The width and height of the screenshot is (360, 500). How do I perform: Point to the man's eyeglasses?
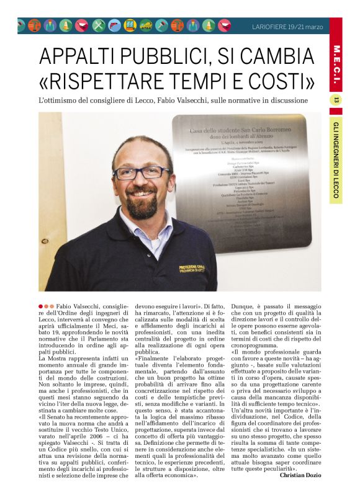click(x=143, y=172)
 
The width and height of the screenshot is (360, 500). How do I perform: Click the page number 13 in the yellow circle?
click(x=337, y=100)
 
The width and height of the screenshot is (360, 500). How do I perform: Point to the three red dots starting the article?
click(x=45, y=306)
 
